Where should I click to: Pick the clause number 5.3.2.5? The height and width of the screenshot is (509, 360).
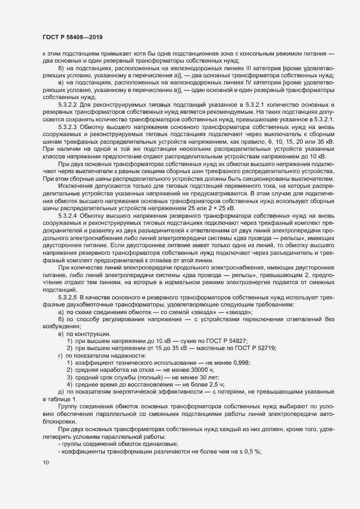(x=69, y=298)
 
